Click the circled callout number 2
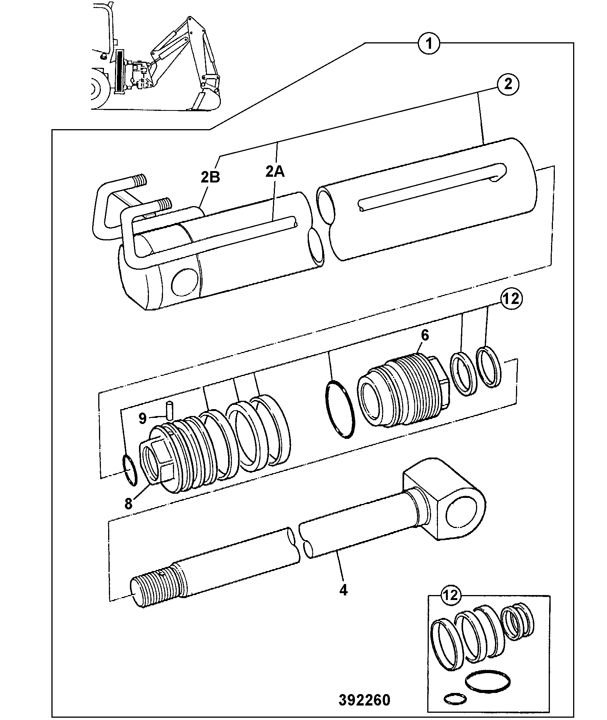[508, 84]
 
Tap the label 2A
[275, 172]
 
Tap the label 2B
[210, 177]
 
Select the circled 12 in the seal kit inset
[451, 595]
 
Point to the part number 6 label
[425, 335]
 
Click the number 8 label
[128, 504]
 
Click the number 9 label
[142, 419]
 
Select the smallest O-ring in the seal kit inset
[455, 699]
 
